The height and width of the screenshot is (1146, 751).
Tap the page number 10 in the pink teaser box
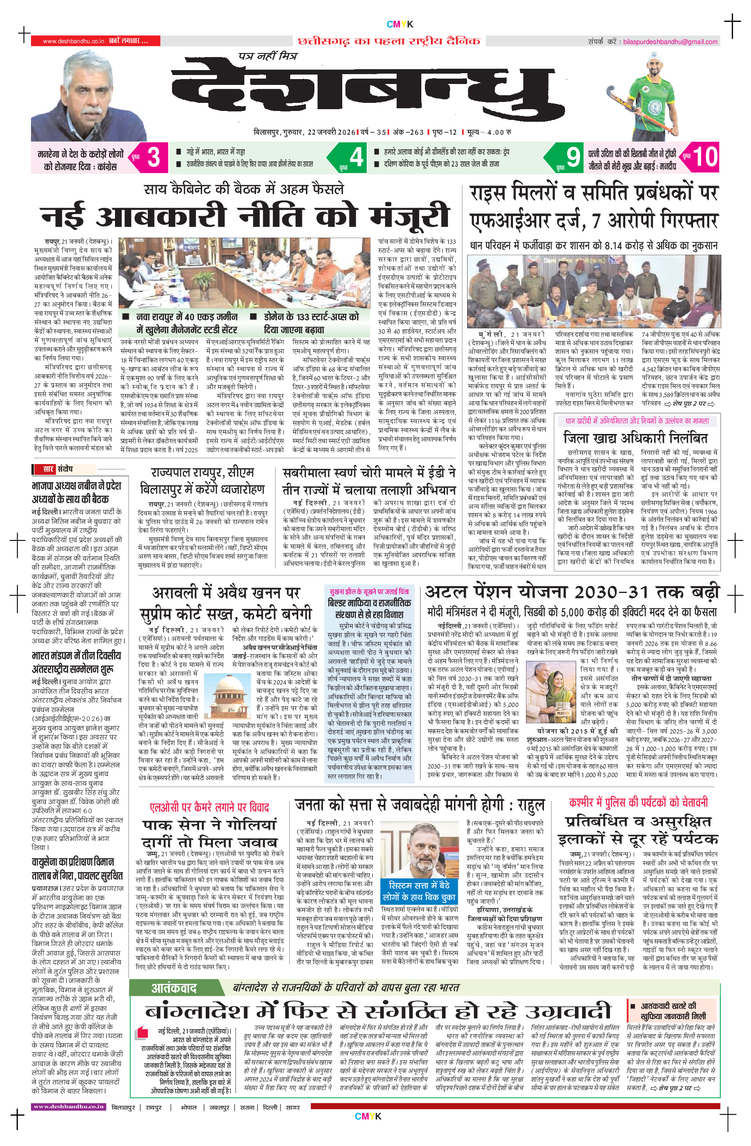point(705,157)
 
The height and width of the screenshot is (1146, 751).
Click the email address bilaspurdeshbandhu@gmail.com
point(670,42)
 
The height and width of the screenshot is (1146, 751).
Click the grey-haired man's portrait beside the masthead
point(89,96)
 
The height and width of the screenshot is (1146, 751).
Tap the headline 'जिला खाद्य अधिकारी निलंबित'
point(636,438)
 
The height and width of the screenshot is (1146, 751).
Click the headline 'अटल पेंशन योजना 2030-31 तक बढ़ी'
point(572,592)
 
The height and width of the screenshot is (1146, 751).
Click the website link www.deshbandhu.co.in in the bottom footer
point(68,1106)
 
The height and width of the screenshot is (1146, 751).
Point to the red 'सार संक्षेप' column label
point(53,469)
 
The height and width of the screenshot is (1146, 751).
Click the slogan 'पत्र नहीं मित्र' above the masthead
point(268,56)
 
